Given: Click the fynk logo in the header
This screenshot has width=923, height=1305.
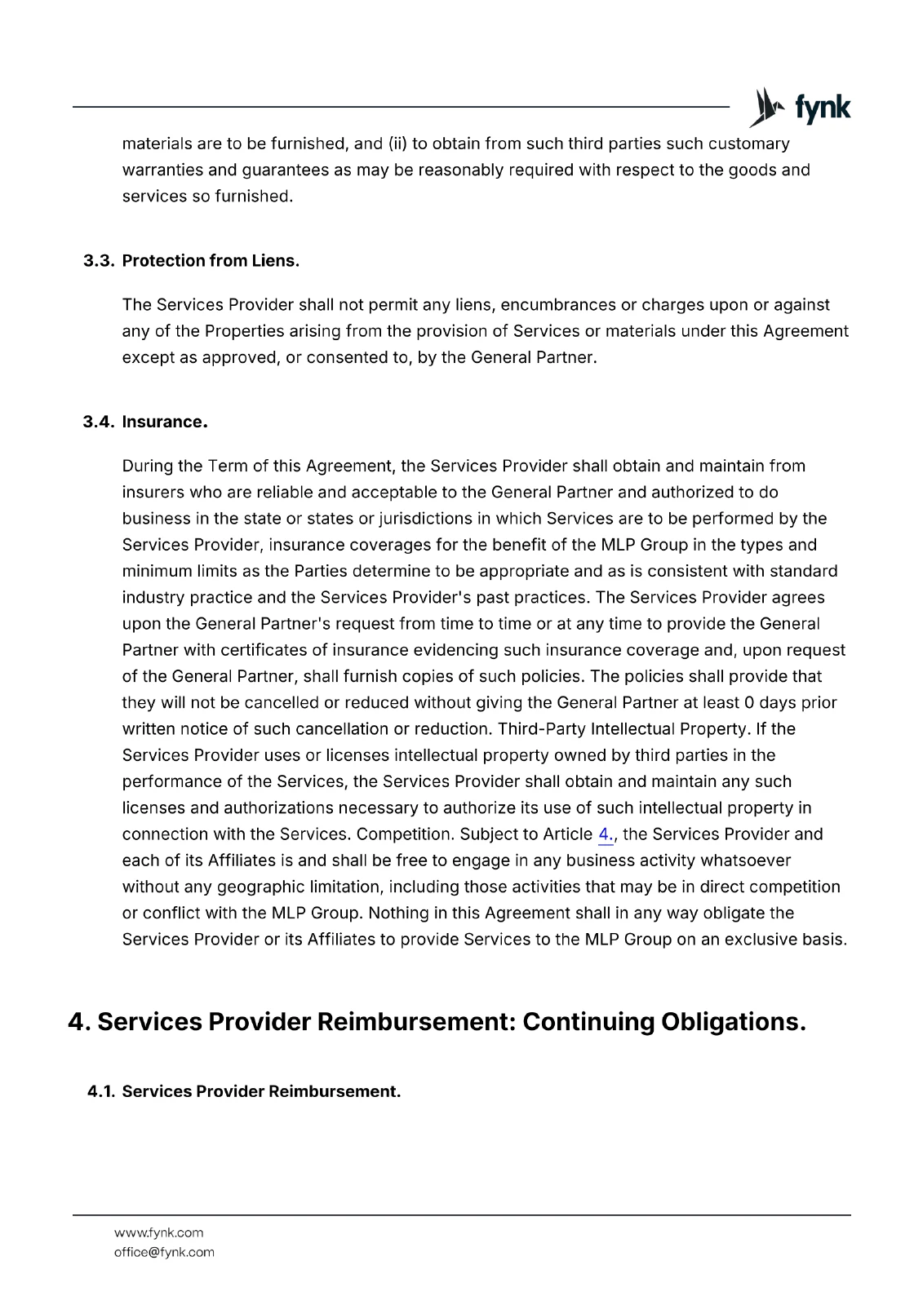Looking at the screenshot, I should tap(800, 108).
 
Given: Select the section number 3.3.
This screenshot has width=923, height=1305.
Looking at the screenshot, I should tap(98, 261).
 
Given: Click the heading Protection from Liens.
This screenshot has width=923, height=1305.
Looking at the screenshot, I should tap(211, 261).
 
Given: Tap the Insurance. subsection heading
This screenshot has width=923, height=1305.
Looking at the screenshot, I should tap(165, 422).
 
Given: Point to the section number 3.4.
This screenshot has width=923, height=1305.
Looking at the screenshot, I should tap(98, 422).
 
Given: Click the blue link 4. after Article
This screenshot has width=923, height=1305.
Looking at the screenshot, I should tap(605, 834).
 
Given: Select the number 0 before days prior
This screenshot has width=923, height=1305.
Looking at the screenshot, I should tap(749, 703).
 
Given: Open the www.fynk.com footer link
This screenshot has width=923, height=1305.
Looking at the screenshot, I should tap(158, 1232).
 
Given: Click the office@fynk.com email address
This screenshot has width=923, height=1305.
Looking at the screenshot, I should tap(164, 1252).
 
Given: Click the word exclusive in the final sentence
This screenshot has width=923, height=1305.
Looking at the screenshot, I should tap(760, 940).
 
